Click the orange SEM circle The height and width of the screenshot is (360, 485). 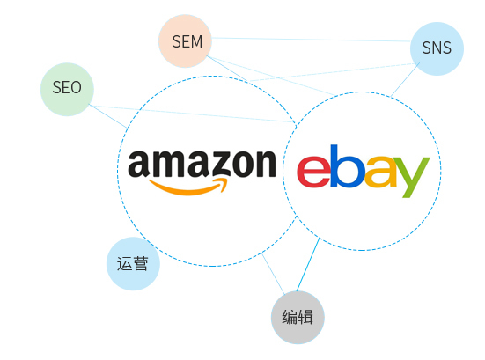(185, 40)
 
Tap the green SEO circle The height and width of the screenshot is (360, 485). (67, 90)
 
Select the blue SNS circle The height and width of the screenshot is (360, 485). (437, 48)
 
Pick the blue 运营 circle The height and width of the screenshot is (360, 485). (133, 263)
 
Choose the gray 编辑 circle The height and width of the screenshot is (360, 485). (298, 317)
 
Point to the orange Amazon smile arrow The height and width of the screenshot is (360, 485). (188, 187)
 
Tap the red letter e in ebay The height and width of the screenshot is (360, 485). (313, 172)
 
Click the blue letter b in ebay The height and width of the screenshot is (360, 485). (347, 165)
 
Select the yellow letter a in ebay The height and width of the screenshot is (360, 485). (380, 172)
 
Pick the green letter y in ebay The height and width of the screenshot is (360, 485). (411, 177)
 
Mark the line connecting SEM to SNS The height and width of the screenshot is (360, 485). (311, 40)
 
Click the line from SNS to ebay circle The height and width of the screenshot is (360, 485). (405, 79)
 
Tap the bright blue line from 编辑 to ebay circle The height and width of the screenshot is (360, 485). (308, 265)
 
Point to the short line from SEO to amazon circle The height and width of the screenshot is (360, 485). (108, 116)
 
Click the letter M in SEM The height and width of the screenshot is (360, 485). (196, 41)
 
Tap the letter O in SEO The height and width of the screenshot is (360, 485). (75, 87)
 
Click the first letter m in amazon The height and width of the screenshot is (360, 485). (166, 164)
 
